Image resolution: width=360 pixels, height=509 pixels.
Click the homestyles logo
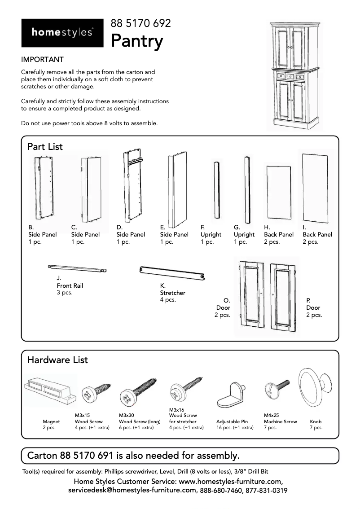coord(62,33)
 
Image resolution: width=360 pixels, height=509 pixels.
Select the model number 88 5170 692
coord(141,23)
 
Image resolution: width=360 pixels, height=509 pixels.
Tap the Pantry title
coord(137,41)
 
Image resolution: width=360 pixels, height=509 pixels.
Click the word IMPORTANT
coord(42,60)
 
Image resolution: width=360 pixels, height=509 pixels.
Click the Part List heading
coord(45,147)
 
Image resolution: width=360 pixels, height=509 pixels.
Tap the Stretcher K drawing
coord(172,272)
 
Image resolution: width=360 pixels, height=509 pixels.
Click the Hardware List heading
coord(57,360)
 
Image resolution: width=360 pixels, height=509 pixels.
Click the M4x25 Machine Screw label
coord(280,421)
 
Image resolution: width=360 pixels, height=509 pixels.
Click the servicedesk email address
coord(132,491)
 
